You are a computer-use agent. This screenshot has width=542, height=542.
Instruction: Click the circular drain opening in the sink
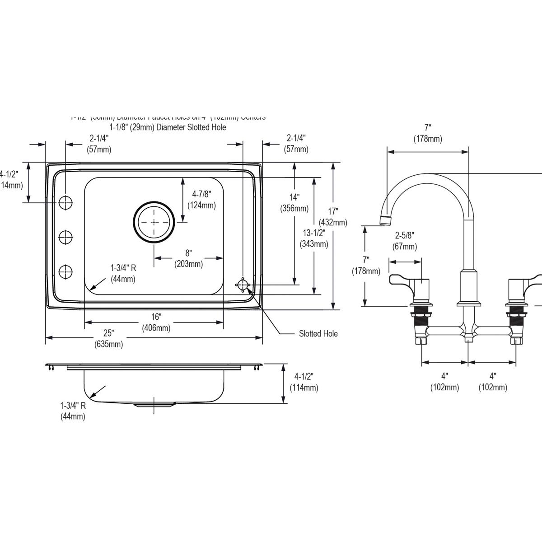click(x=154, y=222)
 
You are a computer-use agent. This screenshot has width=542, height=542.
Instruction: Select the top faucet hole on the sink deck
click(x=66, y=203)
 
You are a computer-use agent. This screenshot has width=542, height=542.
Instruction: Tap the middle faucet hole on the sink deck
click(x=66, y=237)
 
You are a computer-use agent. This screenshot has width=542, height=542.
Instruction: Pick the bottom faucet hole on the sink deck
click(x=66, y=272)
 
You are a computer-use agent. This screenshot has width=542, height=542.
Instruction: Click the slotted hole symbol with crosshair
click(x=243, y=285)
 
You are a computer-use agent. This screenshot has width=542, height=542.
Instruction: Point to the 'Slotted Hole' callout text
click(x=318, y=334)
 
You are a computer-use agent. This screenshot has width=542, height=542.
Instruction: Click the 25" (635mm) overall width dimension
click(x=108, y=339)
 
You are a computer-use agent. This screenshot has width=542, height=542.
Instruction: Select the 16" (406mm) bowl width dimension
click(x=156, y=322)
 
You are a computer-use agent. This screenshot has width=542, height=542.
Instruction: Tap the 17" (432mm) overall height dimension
click(x=333, y=216)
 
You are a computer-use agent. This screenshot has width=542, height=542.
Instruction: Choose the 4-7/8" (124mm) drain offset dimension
click(x=201, y=200)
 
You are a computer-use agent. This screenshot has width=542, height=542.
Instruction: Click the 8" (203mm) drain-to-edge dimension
click(x=188, y=258)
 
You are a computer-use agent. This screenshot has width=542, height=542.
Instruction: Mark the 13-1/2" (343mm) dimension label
click(x=314, y=238)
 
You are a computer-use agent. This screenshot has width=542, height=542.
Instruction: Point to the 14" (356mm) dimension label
click(x=294, y=203)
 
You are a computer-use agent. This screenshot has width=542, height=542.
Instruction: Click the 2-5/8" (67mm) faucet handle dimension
click(x=404, y=241)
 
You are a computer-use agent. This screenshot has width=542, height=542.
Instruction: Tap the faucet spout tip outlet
click(x=385, y=220)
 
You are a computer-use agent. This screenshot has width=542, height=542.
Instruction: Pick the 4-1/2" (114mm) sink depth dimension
click(x=304, y=382)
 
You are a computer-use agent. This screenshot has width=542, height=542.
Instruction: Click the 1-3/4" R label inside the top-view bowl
click(x=123, y=273)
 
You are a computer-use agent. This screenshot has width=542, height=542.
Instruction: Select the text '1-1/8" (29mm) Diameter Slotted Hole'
click(x=168, y=127)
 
